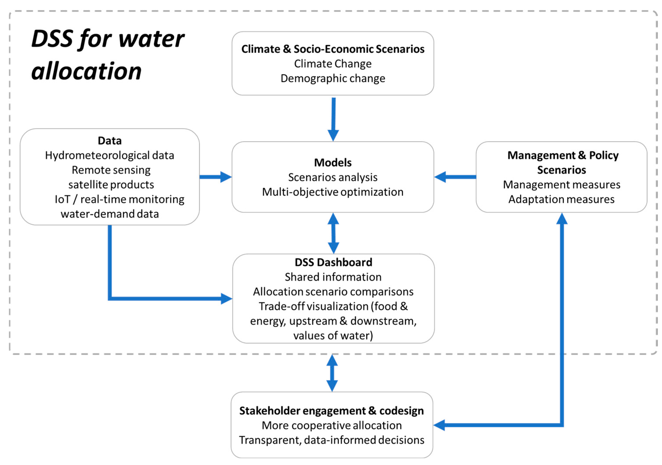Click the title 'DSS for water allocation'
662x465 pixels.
108,55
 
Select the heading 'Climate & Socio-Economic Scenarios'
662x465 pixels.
333,49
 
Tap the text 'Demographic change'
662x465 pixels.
333,78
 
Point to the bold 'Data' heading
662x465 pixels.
110,141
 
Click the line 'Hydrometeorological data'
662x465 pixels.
110,155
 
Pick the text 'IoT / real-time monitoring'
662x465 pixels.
119,199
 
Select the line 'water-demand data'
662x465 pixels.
110,214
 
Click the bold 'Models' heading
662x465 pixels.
333,163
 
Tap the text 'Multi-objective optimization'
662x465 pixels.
333,192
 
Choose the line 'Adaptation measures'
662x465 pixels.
561,199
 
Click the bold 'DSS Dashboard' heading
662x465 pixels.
333,262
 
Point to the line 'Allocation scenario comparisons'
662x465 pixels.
333,292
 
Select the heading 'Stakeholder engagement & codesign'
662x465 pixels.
332,411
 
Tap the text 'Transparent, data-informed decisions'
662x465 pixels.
332,440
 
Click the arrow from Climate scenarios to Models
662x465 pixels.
333,119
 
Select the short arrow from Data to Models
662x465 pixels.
216,177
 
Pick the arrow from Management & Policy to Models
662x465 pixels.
455,177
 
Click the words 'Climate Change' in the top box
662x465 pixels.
333,64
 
